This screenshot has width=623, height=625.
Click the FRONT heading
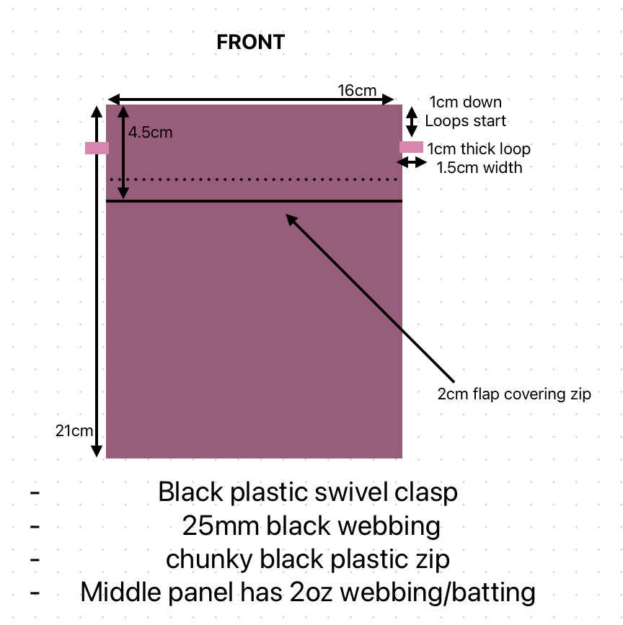coord(250,43)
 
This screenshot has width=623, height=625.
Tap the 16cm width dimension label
coord(357,90)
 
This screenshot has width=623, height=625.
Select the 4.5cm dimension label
coord(151,133)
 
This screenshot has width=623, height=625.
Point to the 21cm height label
coord(74,431)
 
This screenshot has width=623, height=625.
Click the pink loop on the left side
coord(97,148)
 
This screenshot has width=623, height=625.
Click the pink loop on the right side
coord(412,147)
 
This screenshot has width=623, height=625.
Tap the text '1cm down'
coord(465,102)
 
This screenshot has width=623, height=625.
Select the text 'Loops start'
coord(466,120)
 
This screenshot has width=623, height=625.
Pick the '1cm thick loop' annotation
coord(479,149)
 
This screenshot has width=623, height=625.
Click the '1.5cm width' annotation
coord(480,167)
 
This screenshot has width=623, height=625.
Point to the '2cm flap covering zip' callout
coord(514,394)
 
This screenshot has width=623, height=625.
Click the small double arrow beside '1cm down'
coord(412,121)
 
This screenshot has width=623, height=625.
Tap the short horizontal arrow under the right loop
coord(412,163)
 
